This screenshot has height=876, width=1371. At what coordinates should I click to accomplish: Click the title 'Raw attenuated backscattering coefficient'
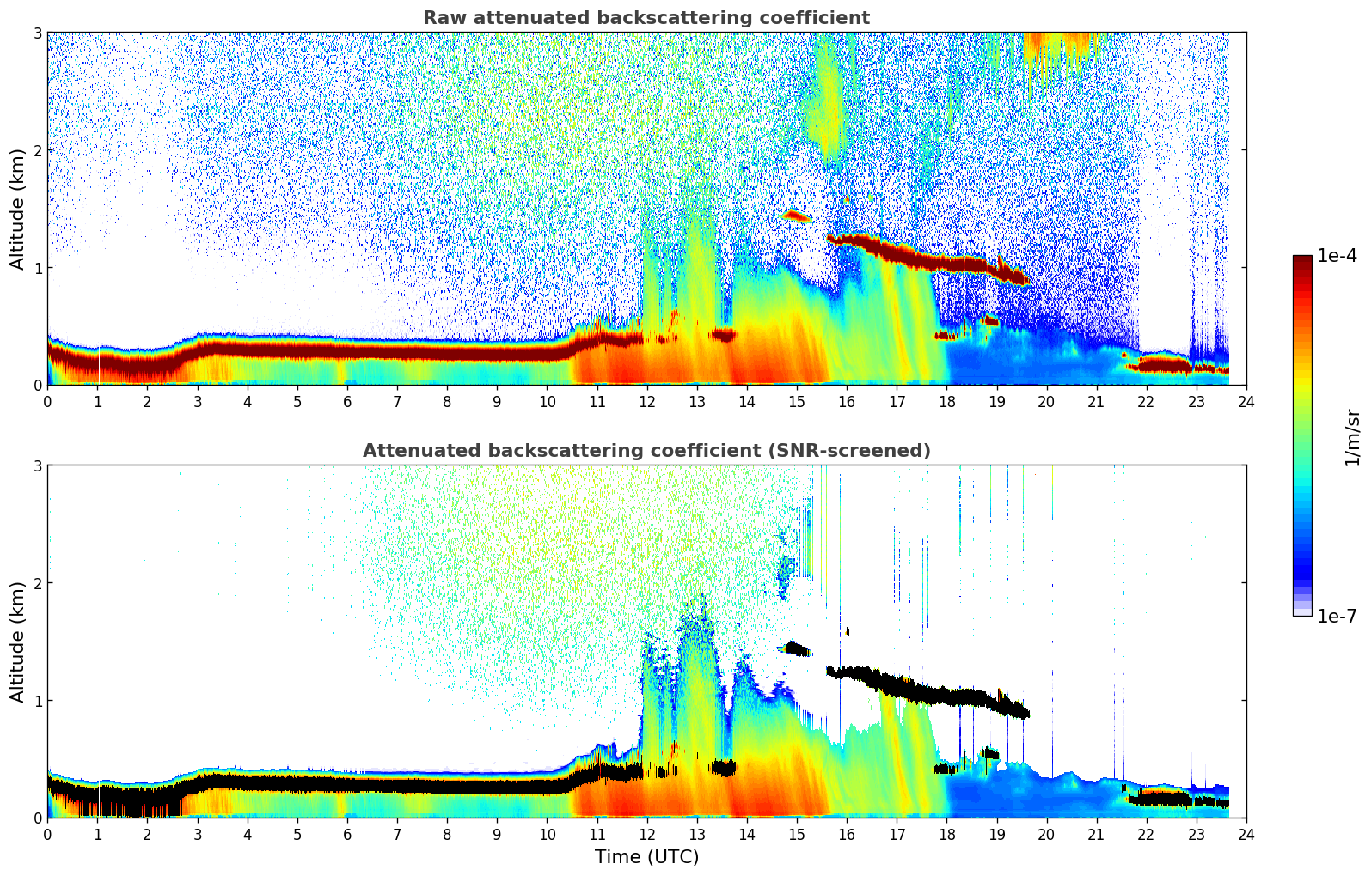tap(646, 18)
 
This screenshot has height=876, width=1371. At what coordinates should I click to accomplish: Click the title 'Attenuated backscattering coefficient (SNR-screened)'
tap(646, 451)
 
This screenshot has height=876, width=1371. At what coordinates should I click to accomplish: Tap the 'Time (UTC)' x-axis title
tap(646, 856)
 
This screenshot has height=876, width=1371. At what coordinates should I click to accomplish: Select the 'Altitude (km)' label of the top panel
tap(18, 209)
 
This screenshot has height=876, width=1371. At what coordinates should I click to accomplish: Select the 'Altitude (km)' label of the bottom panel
tap(18, 642)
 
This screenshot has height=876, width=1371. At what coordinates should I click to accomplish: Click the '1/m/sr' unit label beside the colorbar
tap(1352, 437)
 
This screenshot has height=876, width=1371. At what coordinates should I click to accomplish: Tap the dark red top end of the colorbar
tap(1302, 260)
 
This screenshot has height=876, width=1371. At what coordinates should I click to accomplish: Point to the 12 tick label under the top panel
tap(646, 401)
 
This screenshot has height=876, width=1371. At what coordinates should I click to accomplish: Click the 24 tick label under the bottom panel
tap(1246, 834)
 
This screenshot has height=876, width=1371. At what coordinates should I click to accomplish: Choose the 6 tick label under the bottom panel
tap(347, 834)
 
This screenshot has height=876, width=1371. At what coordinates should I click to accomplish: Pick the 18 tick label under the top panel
tap(946, 401)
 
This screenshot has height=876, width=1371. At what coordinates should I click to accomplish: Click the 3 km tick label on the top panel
tap(37, 33)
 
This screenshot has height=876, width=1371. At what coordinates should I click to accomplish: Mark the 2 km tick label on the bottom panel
tap(37, 583)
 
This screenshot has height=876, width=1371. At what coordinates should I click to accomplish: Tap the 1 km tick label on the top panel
tap(37, 268)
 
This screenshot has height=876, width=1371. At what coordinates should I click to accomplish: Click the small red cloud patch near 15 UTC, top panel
tap(795, 216)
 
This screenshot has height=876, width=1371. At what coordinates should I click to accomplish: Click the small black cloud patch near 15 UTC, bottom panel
tap(797, 648)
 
